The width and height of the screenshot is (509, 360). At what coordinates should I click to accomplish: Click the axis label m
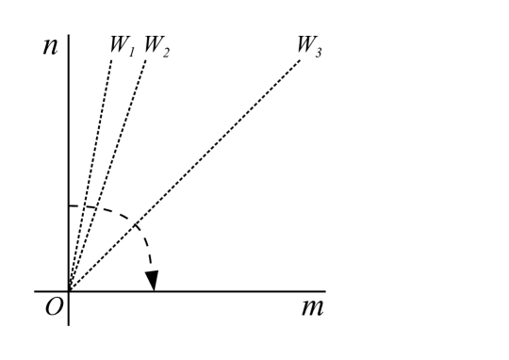pos(311,307)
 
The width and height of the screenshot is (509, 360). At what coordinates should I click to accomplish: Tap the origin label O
pos(52,308)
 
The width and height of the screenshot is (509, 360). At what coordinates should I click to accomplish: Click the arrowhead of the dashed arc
pos(151,281)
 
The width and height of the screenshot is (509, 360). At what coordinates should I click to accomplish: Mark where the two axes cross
pos(69,291)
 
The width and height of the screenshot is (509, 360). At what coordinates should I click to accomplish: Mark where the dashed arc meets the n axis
pos(69,205)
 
